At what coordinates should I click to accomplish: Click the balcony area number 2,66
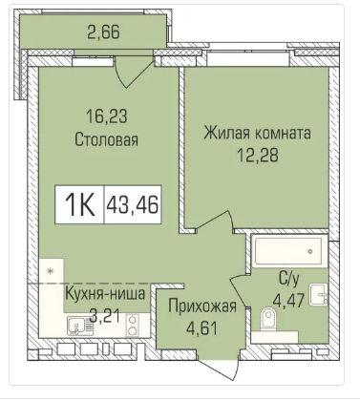(x=104, y=32)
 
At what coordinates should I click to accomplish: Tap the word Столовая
(x=106, y=139)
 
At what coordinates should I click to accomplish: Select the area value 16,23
(x=107, y=116)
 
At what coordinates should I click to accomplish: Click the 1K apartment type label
(x=79, y=204)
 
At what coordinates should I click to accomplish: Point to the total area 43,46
(x=133, y=204)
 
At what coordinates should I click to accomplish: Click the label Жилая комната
(x=257, y=133)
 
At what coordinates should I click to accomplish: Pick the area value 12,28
(x=258, y=156)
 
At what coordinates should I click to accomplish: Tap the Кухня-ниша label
(x=105, y=293)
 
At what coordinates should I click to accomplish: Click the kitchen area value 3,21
(x=105, y=316)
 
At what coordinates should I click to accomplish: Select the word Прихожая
(x=202, y=306)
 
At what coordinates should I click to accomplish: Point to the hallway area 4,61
(x=202, y=328)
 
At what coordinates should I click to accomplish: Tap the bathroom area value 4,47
(x=289, y=300)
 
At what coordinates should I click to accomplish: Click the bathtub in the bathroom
(x=289, y=251)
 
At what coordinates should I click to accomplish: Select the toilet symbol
(x=268, y=319)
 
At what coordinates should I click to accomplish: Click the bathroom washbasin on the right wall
(x=319, y=295)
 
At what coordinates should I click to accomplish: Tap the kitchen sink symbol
(x=76, y=325)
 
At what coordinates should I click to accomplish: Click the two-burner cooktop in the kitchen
(x=133, y=326)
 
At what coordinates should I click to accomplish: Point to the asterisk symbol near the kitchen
(x=50, y=271)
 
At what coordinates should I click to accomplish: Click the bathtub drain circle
(x=310, y=251)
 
